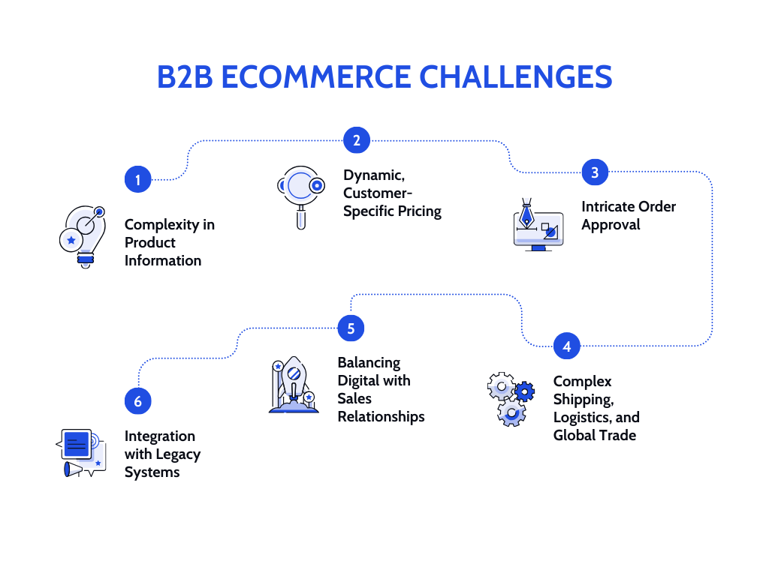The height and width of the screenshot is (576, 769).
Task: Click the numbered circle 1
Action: (x=137, y=179)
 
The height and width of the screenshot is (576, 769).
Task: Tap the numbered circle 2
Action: (x=357, y=140)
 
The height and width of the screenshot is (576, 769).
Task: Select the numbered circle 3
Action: (x=595, y=172)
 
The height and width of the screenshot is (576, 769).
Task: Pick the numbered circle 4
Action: (x=567, y=346)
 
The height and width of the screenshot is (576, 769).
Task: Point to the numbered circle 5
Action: (x=351, y=328)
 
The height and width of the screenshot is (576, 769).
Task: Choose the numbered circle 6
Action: (x=137, y=401)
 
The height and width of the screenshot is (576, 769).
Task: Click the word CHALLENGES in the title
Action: (x=515, y=77)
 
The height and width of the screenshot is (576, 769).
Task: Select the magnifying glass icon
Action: (x=300, y=193)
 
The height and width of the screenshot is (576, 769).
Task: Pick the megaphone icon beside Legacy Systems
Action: (x=73, y=469)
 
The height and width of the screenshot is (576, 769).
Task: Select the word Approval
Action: (x=611, y=224)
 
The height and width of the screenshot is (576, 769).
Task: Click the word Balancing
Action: (x=369, y=362)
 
